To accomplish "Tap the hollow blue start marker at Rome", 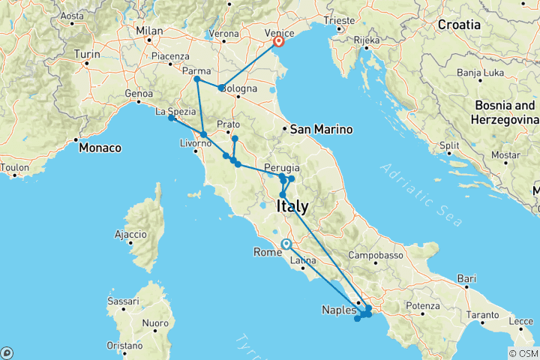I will pyautogui.click(x=286, y=244).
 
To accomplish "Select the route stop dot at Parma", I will pyautogui.click(x=196, y=79).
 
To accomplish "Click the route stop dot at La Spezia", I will pyautogui.click(x=172, y=118).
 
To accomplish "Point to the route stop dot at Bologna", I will pyautogui.click(x=221, y=88).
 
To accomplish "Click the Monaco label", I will pyautogui.click(x=102, y=148).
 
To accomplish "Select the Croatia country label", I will pyautogui.click(x=460, y=25).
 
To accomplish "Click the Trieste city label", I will pyautogui.click(x=339, y=21).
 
